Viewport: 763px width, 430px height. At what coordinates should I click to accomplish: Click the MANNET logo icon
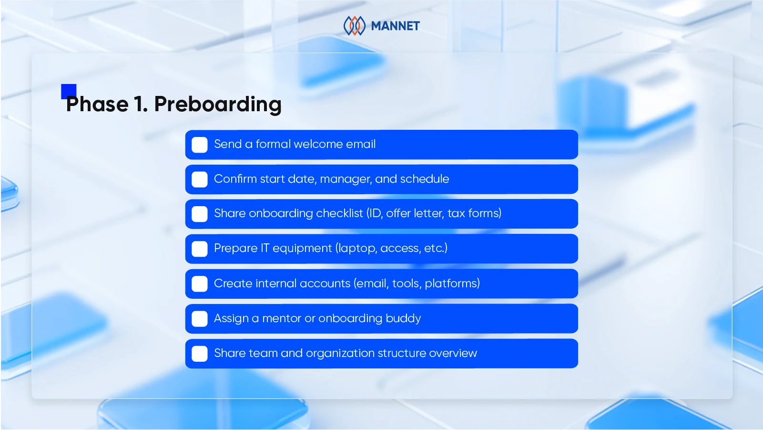pyautogui.click(x=354, y=26)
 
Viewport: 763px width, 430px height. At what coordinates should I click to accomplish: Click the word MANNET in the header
pyautogui.click(x=395, y=26)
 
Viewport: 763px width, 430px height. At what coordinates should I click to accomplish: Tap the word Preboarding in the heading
pyautogui.click(x=218, y=105)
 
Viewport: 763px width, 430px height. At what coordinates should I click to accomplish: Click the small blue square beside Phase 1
pyautogui.click(x=69, y=91)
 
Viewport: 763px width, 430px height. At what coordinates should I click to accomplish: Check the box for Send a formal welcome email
pyautogui.click(x=200, y=145)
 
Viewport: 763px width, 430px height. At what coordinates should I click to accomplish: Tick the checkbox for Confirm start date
pyautogui.click(x=200, y=179)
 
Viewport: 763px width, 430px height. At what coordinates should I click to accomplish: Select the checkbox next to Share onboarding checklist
pyautogui.click(x=200, y=214)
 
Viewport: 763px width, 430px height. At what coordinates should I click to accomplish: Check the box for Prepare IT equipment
pyautogui.click(x=200, y=249)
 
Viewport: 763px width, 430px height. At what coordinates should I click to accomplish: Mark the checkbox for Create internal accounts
pyautogui.click(x=200, y=283)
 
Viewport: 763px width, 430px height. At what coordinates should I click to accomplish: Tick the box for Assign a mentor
pyautogui.click(x=200, y=318)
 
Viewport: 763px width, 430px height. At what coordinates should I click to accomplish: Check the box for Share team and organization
pyautogui.click(x=200, y=354)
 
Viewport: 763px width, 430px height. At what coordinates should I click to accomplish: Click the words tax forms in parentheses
pyautogui.click(x=474, y=213)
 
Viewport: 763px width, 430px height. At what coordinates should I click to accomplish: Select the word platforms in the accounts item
pyautogui.click(x=451, y=283)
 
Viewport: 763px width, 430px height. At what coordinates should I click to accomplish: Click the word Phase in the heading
pyautogui.click(x=98, y=105)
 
